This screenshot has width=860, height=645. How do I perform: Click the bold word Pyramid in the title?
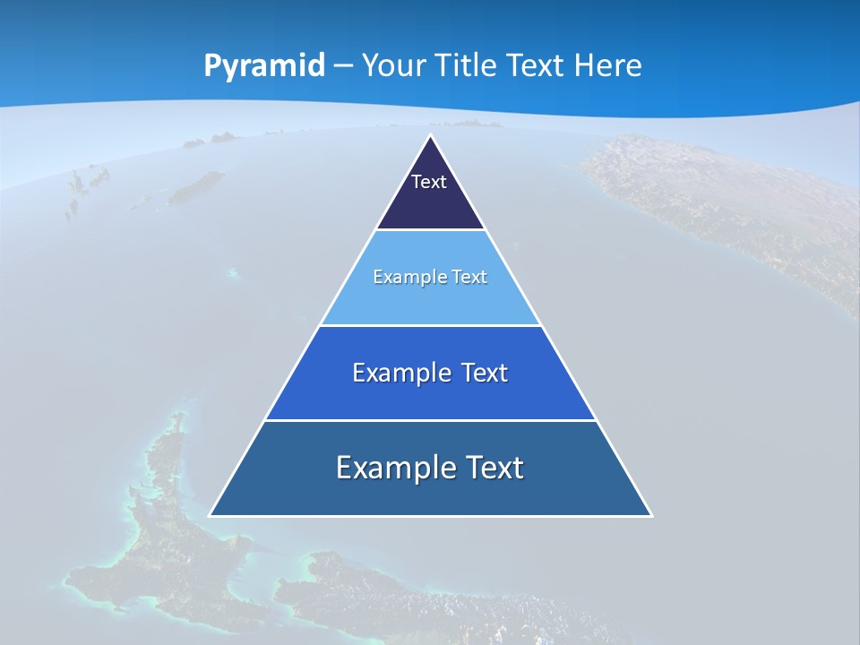[264, 66]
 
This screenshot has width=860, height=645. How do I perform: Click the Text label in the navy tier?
[429, 182]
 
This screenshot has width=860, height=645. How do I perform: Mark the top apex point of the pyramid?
[430, 135]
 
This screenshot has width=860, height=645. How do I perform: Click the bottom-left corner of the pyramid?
[210, 515]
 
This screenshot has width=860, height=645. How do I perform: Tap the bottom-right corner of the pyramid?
[651, 515]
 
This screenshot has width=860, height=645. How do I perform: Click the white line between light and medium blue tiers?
[430, 325]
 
